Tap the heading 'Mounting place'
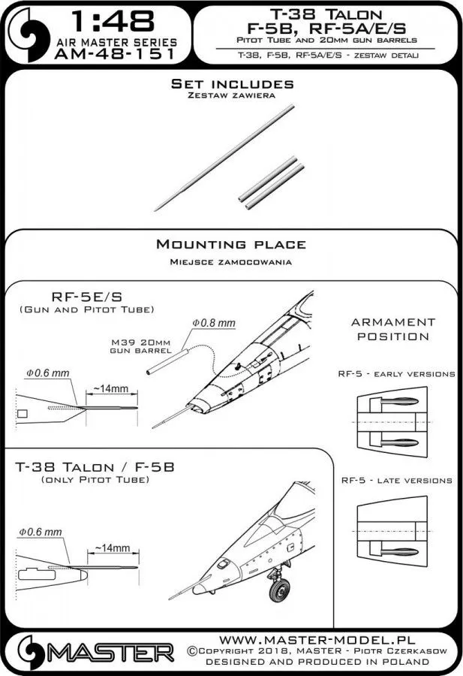tap(230, 244)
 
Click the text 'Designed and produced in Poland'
tap(317, 662)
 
